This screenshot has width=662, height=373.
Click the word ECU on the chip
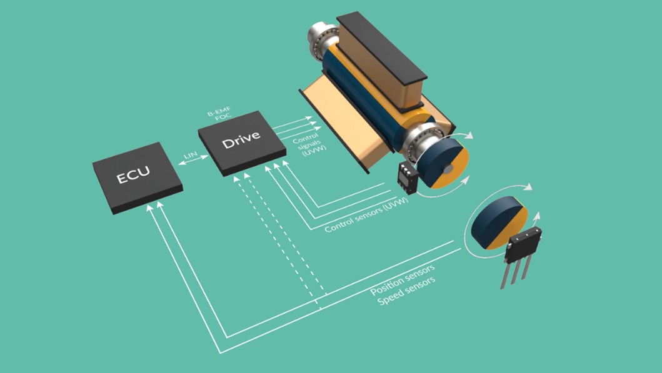133,174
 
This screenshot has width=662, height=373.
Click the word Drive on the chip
241,139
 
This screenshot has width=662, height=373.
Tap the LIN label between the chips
191,155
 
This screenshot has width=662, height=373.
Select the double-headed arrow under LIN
193,161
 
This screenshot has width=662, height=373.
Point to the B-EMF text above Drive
219,111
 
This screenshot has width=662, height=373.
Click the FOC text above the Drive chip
223,117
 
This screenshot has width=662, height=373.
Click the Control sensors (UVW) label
366,215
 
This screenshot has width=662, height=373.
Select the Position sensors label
403,280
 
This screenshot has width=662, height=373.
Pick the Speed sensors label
406,292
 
